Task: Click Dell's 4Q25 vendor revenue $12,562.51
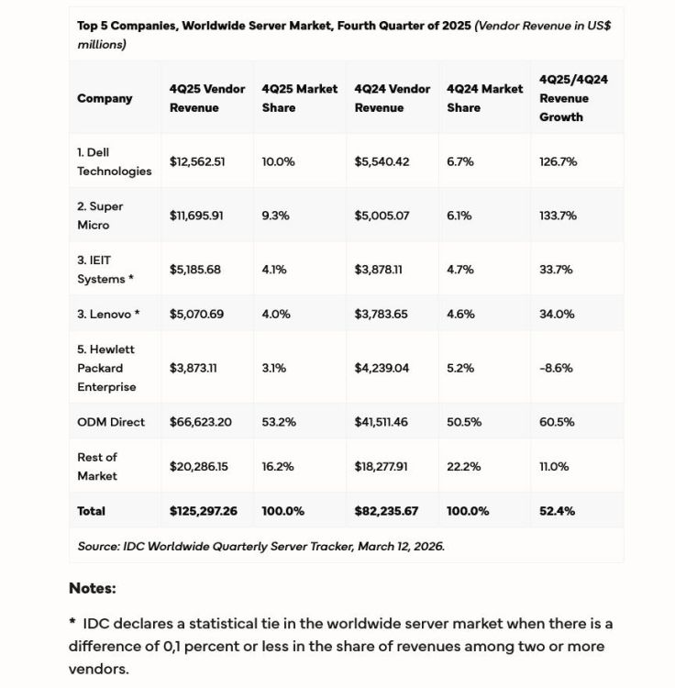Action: pyautogui.click(x=197, y=161)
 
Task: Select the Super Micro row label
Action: pyautogui.click(x=100, y=216)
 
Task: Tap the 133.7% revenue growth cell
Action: pyautogui.click(x=558, y=216)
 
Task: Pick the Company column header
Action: pyautogui.click(x=105, y=98)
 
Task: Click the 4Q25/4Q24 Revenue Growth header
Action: pyautogui.click(x=574, y=98)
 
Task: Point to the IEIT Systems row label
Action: pyautogui.click(x=105, y=270)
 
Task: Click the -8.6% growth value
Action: pyautogui.click(x=556, y=368)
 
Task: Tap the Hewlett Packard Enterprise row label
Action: pyautogui.click(x=106, y=368)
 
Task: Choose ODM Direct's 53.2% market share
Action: pyautogui.click(x=278, y=422)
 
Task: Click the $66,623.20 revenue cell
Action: pyautogui.click(x=201, y=422)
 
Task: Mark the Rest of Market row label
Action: pyautogui.click(x=97, y=466)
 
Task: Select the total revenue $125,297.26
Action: pyautogui.click(x=204, y=511)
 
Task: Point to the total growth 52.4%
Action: pyautogui.click(x=558, y=511)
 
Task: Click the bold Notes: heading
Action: pyautogui.click(x=93, y=588)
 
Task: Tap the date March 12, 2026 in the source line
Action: pyautogui.click(x=401, y=546)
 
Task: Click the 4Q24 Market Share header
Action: pyautogui.click(x=484, y=98)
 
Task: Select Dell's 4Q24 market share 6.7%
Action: pyautogui.click(x=460, y=161)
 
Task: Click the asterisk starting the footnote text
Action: pyautogui.click(x=72, y=623)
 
